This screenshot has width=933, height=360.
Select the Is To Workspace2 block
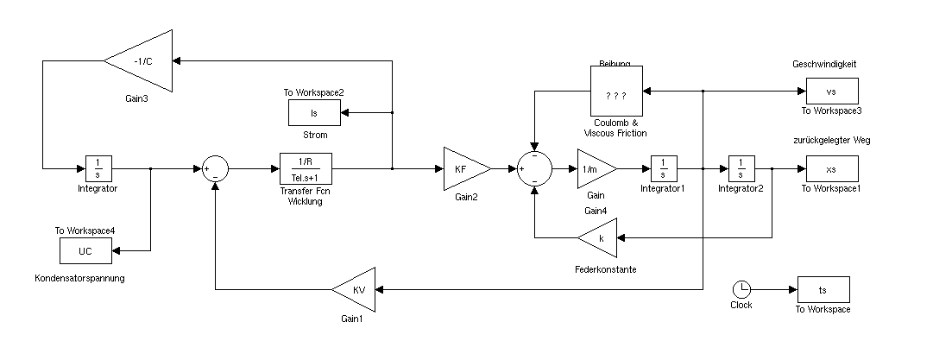click(x=314, y=112)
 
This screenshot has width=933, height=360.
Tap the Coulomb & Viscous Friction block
click(x=615, y=92)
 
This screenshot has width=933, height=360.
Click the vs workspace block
click(x=832, y=91)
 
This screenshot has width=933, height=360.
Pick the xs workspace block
click(x=832, y=168)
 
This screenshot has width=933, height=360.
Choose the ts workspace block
click(x=823, y=289)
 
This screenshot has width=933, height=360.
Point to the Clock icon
click(x=741, y=289)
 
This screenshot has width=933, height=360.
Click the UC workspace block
click(x=85, y=250)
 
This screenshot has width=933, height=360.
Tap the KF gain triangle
click(x=463, y=168)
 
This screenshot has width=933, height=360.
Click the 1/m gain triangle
click(x=595, y=168)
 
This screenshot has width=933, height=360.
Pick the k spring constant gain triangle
click(x=598, y=237)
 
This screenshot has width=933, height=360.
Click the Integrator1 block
click(x=662, y=168)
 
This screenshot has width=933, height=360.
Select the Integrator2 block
click(x=741, y=168)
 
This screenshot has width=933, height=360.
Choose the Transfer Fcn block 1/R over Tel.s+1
click(x=306, y=168)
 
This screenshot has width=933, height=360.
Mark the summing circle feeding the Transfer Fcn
click(x=215, y=169)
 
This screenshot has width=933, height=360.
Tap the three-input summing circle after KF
click(x=534, y=169)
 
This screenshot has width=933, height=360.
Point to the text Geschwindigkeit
click(x=823, y=63)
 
